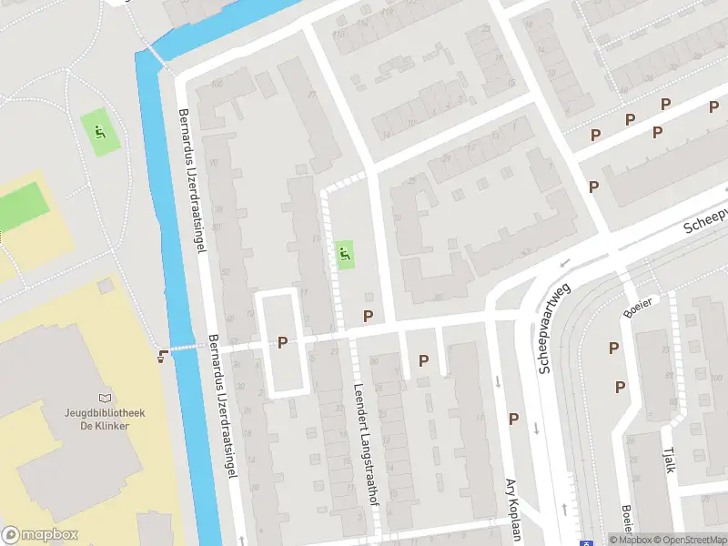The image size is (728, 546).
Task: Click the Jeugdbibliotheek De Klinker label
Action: [x=103, y=419]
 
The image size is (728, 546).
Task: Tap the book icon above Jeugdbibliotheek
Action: [x=104, y=398]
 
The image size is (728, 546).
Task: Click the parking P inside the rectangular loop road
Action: [x=282, y=342]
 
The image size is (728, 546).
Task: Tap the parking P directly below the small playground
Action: [x=368, y=316]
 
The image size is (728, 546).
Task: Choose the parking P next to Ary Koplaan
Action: [x=513, y=419]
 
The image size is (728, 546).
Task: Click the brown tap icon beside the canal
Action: [x=163, y=355]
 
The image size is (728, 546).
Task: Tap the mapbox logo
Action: [x=40, y=535]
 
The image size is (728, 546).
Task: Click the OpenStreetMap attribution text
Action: [x=689, y=540]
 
